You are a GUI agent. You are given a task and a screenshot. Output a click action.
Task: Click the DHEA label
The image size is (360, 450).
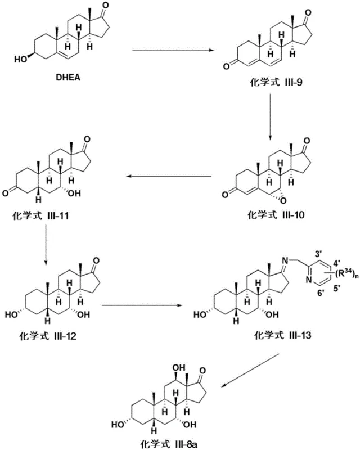coord(67,78)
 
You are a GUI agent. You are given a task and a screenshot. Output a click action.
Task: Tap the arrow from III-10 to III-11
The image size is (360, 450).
coord(169,177)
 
